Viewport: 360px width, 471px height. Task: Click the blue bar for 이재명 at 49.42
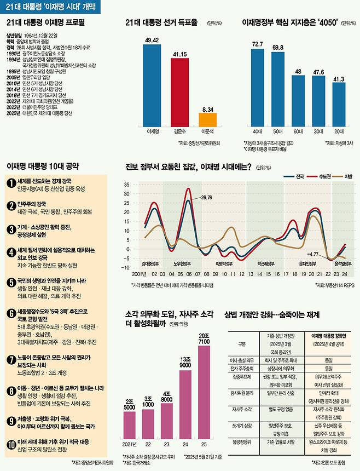pos(152,85)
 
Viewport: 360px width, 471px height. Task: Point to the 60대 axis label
pos(297,132)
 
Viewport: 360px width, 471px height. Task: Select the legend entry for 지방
pos(342,176)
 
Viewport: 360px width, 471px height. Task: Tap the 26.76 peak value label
pos(206,197)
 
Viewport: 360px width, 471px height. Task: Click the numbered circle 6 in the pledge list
pos(10,314)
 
